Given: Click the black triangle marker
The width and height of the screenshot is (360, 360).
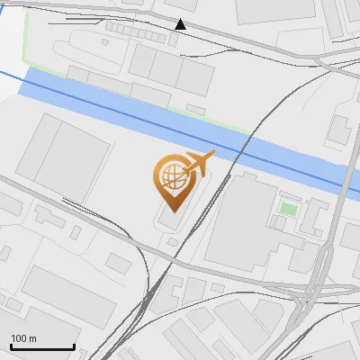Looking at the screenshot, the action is pyautogui.click(x=181, y=24).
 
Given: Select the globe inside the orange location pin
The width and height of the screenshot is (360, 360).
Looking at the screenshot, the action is pyautogui.click(x=170, y=175).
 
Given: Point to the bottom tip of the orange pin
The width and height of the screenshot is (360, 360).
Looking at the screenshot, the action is pyautogui.click(x=170, y=210).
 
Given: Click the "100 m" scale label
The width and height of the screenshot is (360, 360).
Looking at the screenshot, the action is pyautogui.click(x=24, y=338).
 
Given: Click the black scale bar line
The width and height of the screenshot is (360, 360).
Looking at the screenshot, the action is pyautogui.click(x=41, y=347).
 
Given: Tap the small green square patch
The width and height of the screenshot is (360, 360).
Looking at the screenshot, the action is pyautogui.click(x=288, y=209).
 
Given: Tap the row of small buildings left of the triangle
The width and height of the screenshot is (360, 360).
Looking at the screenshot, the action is pyautogui.click(x=135, y=28).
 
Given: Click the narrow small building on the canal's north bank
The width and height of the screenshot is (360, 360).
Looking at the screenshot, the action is pyautogui.click(x=195, y=109).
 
